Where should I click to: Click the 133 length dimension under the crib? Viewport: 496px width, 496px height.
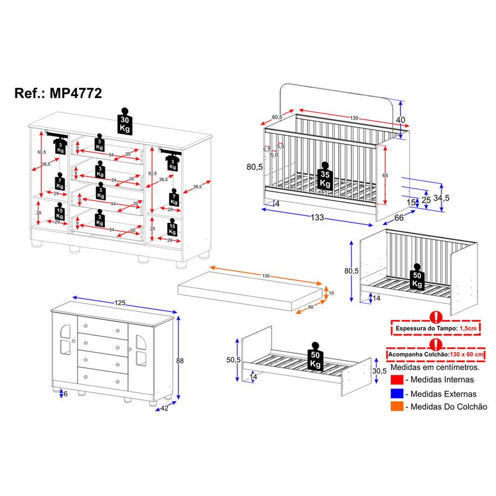click(x=321, y=218)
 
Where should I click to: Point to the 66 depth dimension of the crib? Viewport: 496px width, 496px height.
click(x=399, y=217)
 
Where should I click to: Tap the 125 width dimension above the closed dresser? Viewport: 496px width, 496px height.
click(x=120, y=303)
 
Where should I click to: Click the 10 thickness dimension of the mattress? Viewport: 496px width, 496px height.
click(x=331, y=293)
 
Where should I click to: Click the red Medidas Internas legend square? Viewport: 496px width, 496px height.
click(x=396, y=379)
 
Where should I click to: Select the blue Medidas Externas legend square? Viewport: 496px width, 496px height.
click(x=396, y=393)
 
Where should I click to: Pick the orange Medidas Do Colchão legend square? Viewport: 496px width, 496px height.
click(x=396, y=407)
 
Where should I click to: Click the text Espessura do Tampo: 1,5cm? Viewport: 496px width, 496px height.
click(x=435, y=327)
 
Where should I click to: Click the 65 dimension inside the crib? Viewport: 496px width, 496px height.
click(x=384, y=176)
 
